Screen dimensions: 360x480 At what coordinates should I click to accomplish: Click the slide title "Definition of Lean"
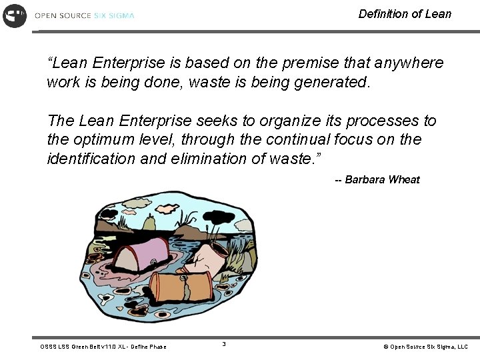point(405,14)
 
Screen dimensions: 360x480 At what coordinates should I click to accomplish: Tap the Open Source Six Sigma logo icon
point(14,15)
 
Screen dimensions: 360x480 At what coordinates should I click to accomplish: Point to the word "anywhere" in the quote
point(409,63)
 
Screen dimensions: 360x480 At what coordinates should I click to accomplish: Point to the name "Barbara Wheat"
point(382,179)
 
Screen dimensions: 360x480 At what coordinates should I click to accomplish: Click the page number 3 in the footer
point(224,344)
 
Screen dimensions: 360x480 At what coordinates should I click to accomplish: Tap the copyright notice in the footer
point(425,347)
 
